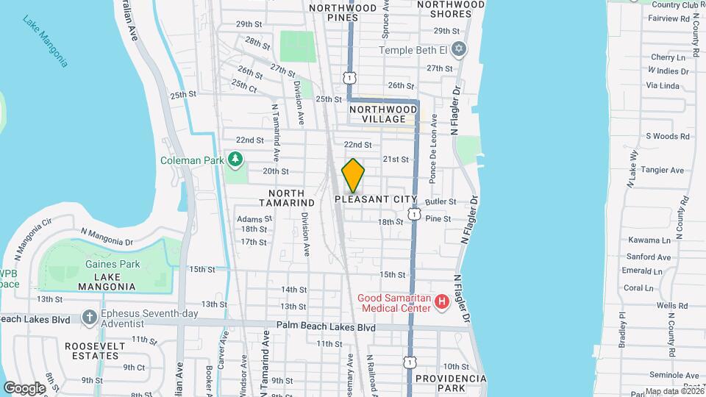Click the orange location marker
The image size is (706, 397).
(x=354, y=176)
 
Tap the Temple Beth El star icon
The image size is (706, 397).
(x=460, y=50)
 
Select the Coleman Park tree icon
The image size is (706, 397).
(x=235, y=158)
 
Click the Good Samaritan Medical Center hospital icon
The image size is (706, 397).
(x=441, y=301)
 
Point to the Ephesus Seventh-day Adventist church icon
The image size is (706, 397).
(x=90, y=318)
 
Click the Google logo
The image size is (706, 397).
(x=24, y=387)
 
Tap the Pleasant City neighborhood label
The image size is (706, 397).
(x=375, y=199)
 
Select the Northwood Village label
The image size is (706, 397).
(x=377, y=114)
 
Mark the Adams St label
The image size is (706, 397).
(x=254, y=218)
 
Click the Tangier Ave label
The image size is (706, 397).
(x=664, y=171)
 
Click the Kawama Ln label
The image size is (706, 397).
(x=650, y=240)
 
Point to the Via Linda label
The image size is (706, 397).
(x=662, y=85)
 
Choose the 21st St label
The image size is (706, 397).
(x=395, y=159)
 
